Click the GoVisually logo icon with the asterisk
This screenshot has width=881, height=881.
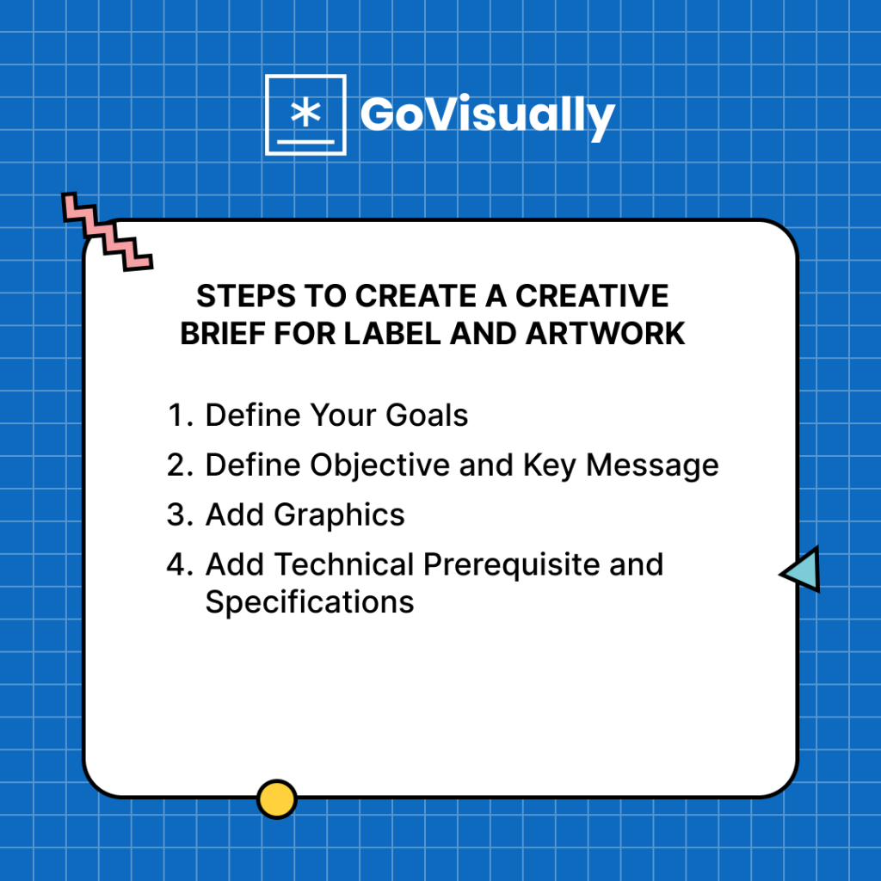click(x=305, y=114)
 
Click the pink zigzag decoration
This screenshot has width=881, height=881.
click(x=107, y=231)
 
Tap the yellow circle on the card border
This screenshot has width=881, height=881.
click(x=276, y=799)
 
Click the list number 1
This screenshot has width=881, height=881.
click(x=178, y=416)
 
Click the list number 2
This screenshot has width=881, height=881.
click(x=178, y=465)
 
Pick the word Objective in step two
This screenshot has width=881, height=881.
click(x=379, y=465)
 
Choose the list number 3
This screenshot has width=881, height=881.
click(x=178, y=515)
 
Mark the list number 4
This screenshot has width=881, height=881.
click(x=178, y=565)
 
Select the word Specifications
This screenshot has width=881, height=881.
click(x=310, y=602)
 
